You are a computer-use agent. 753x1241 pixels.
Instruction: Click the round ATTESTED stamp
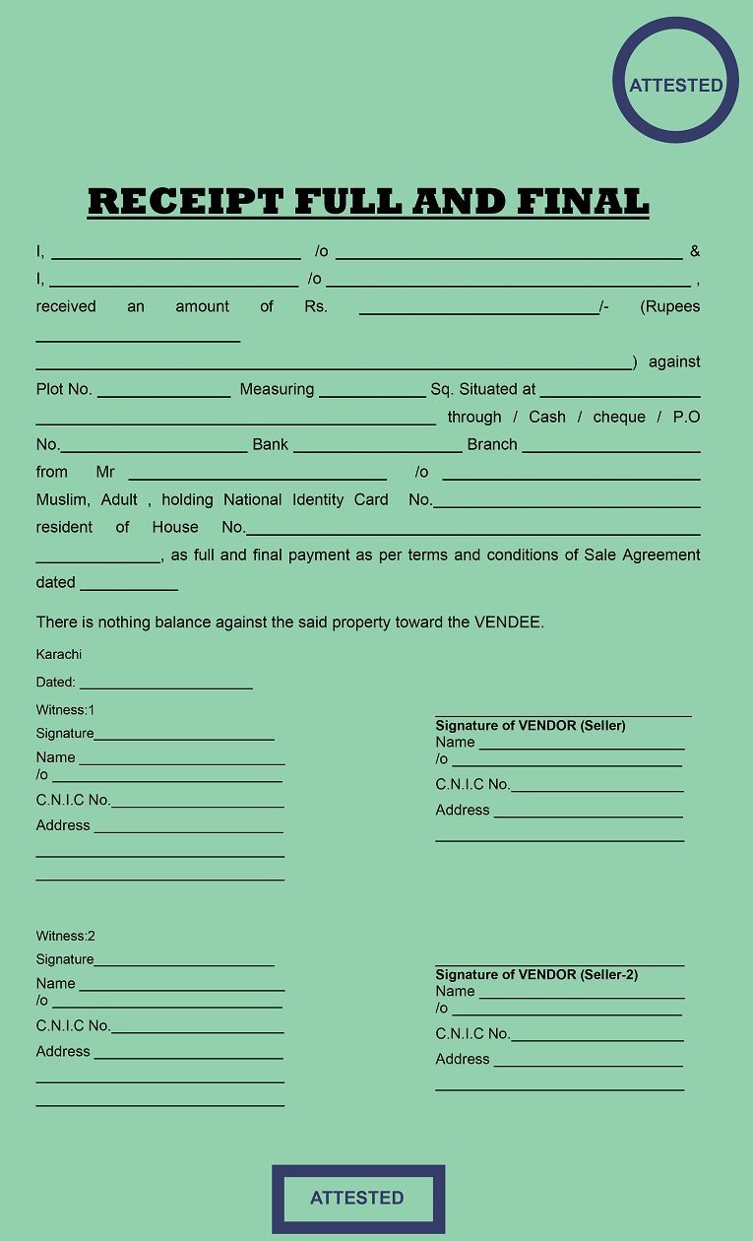tap(675, 80)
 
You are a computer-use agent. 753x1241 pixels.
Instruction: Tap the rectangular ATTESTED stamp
tap(357, 1198)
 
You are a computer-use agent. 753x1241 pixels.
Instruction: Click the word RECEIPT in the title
tap(185, 201)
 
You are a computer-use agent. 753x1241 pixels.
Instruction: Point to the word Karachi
tap(59, 655)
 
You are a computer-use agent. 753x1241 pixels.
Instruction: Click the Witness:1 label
tap(65, 710)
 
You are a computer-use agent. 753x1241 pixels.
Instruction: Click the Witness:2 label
tap(65, 936)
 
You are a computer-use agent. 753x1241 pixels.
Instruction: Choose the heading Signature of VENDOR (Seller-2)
tap(536, 974)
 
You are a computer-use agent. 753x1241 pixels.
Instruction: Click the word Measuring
tap(277, 389)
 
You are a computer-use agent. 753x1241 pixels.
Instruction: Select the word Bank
tap(270, 444)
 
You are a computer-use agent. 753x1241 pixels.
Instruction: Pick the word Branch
tap(492, 444)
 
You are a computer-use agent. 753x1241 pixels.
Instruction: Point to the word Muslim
tap(62, 499)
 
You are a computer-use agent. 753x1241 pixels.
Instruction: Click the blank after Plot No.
tap(163, 392)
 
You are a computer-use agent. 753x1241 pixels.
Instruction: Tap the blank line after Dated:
tap(165, 685)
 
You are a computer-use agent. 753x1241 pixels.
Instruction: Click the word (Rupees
tap(669, 306)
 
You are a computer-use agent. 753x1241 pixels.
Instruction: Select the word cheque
tap(619, 417)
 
